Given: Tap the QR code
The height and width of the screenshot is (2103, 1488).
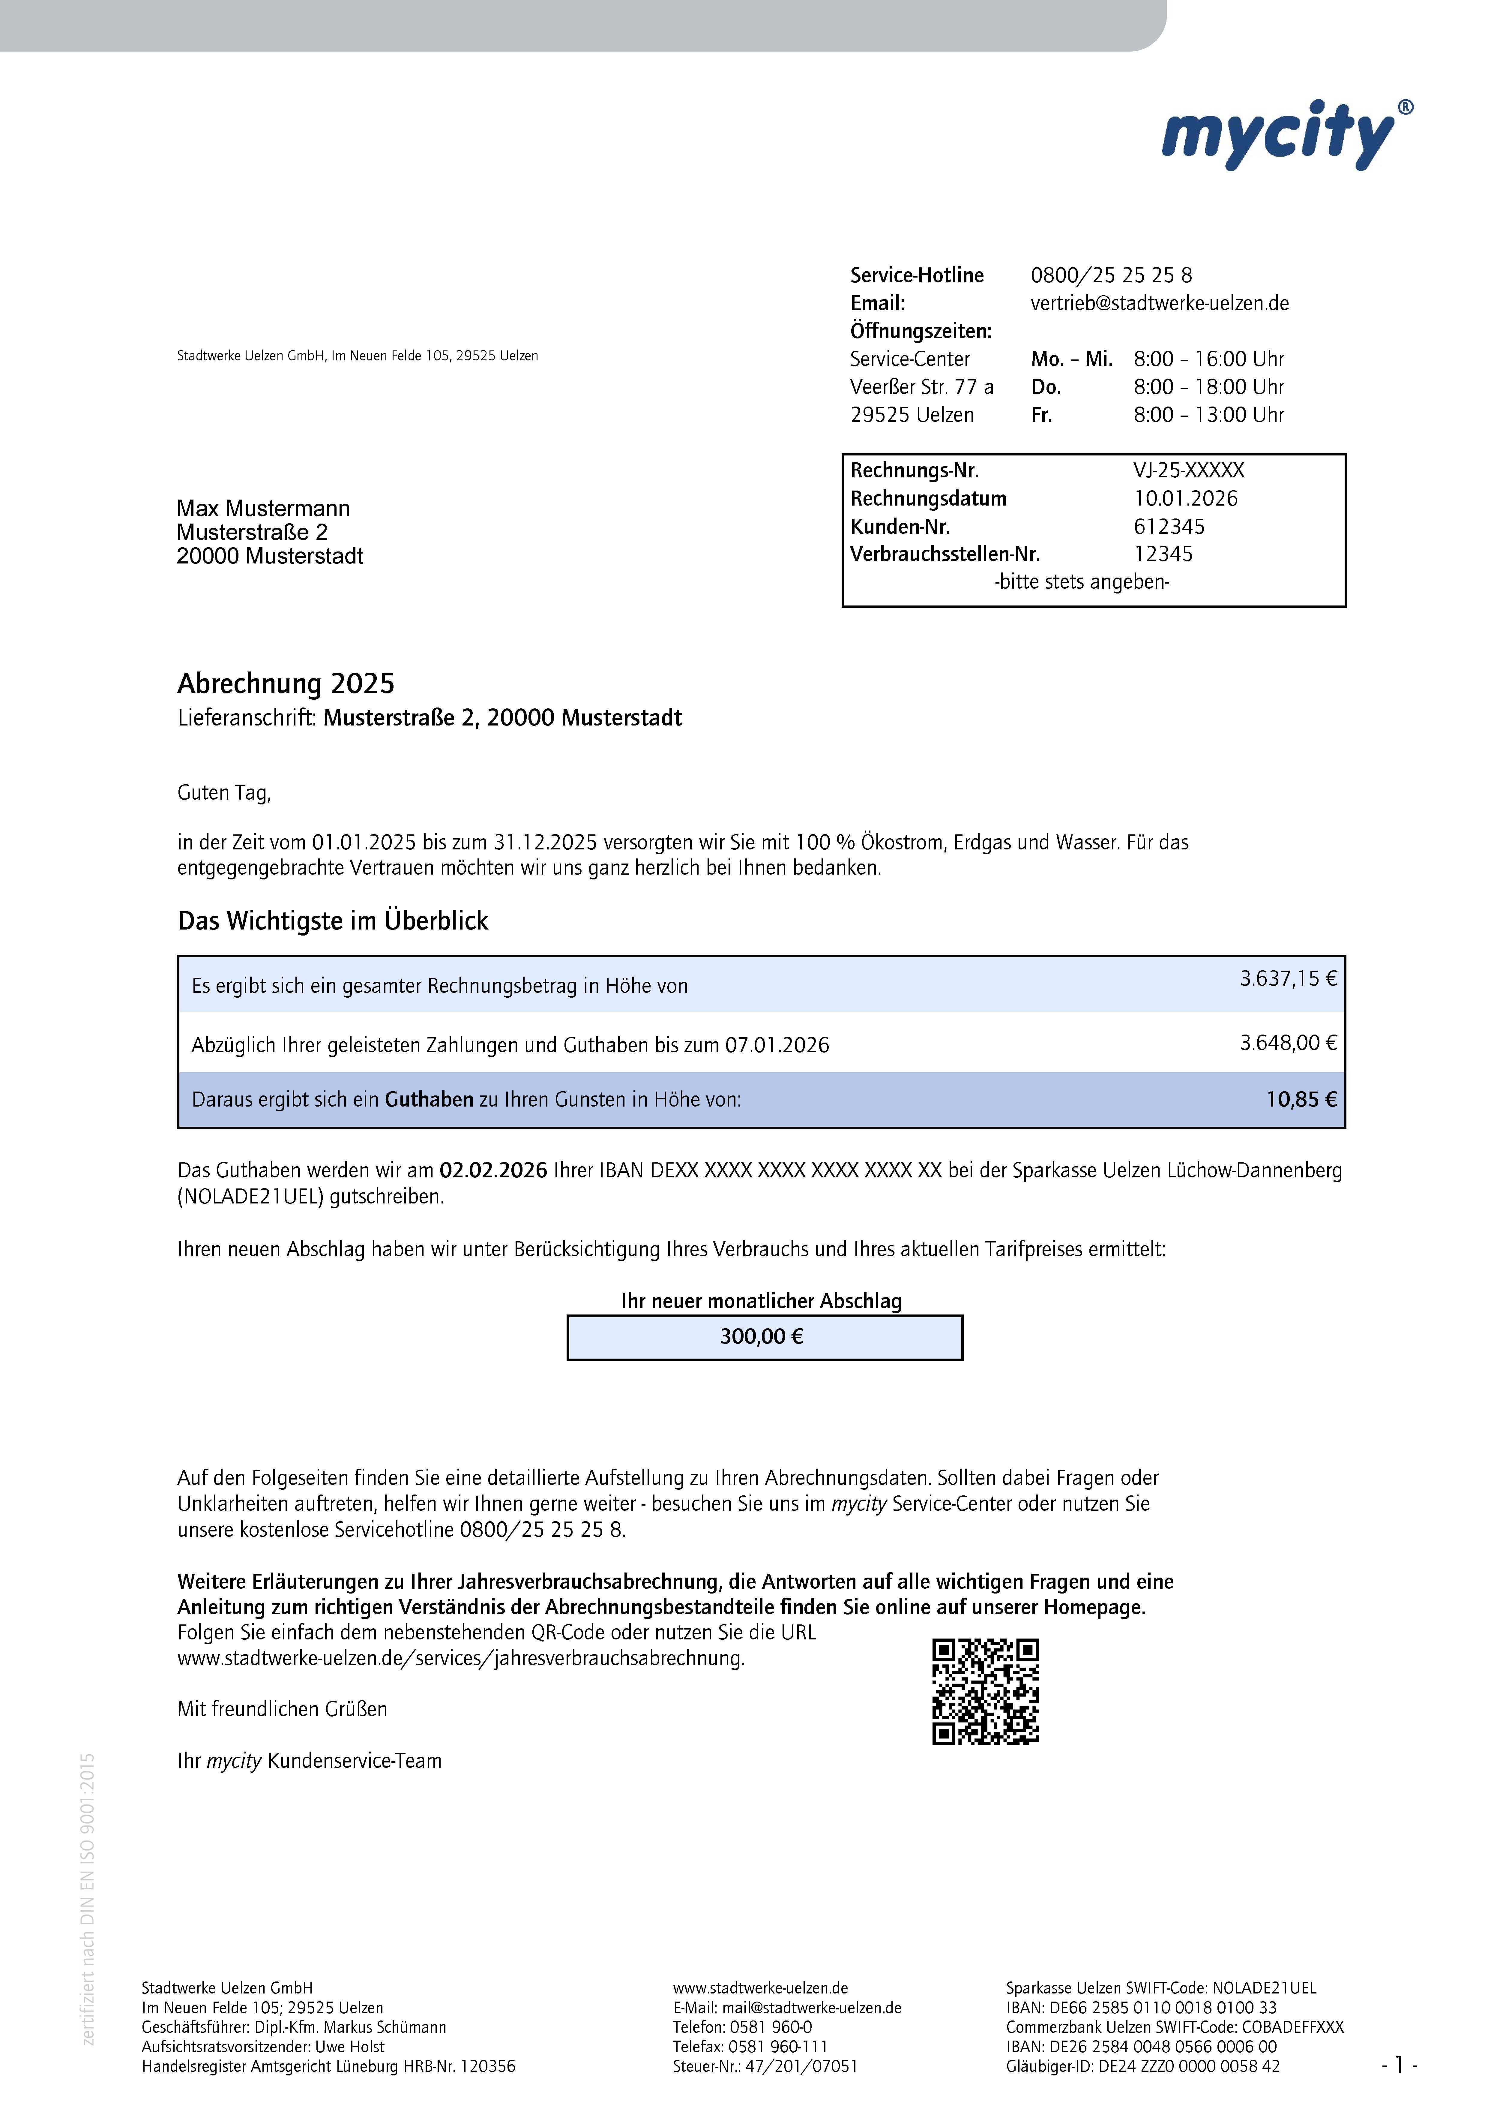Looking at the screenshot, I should point(985,1691).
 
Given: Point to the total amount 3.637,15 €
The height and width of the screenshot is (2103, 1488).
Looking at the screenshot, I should point(1287,979).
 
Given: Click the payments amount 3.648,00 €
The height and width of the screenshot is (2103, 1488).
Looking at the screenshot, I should point(1287,1043).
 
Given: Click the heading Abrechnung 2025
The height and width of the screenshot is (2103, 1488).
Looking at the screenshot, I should point(286,683).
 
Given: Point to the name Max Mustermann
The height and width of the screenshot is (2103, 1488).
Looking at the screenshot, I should point(263,509).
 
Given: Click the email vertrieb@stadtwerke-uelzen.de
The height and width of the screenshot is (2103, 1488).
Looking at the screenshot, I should point(1159,303).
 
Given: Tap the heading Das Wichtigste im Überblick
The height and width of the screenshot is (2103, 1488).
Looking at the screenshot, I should point(333,921).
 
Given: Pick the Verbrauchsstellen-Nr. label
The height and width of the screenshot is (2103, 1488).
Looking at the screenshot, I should point(945,554).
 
